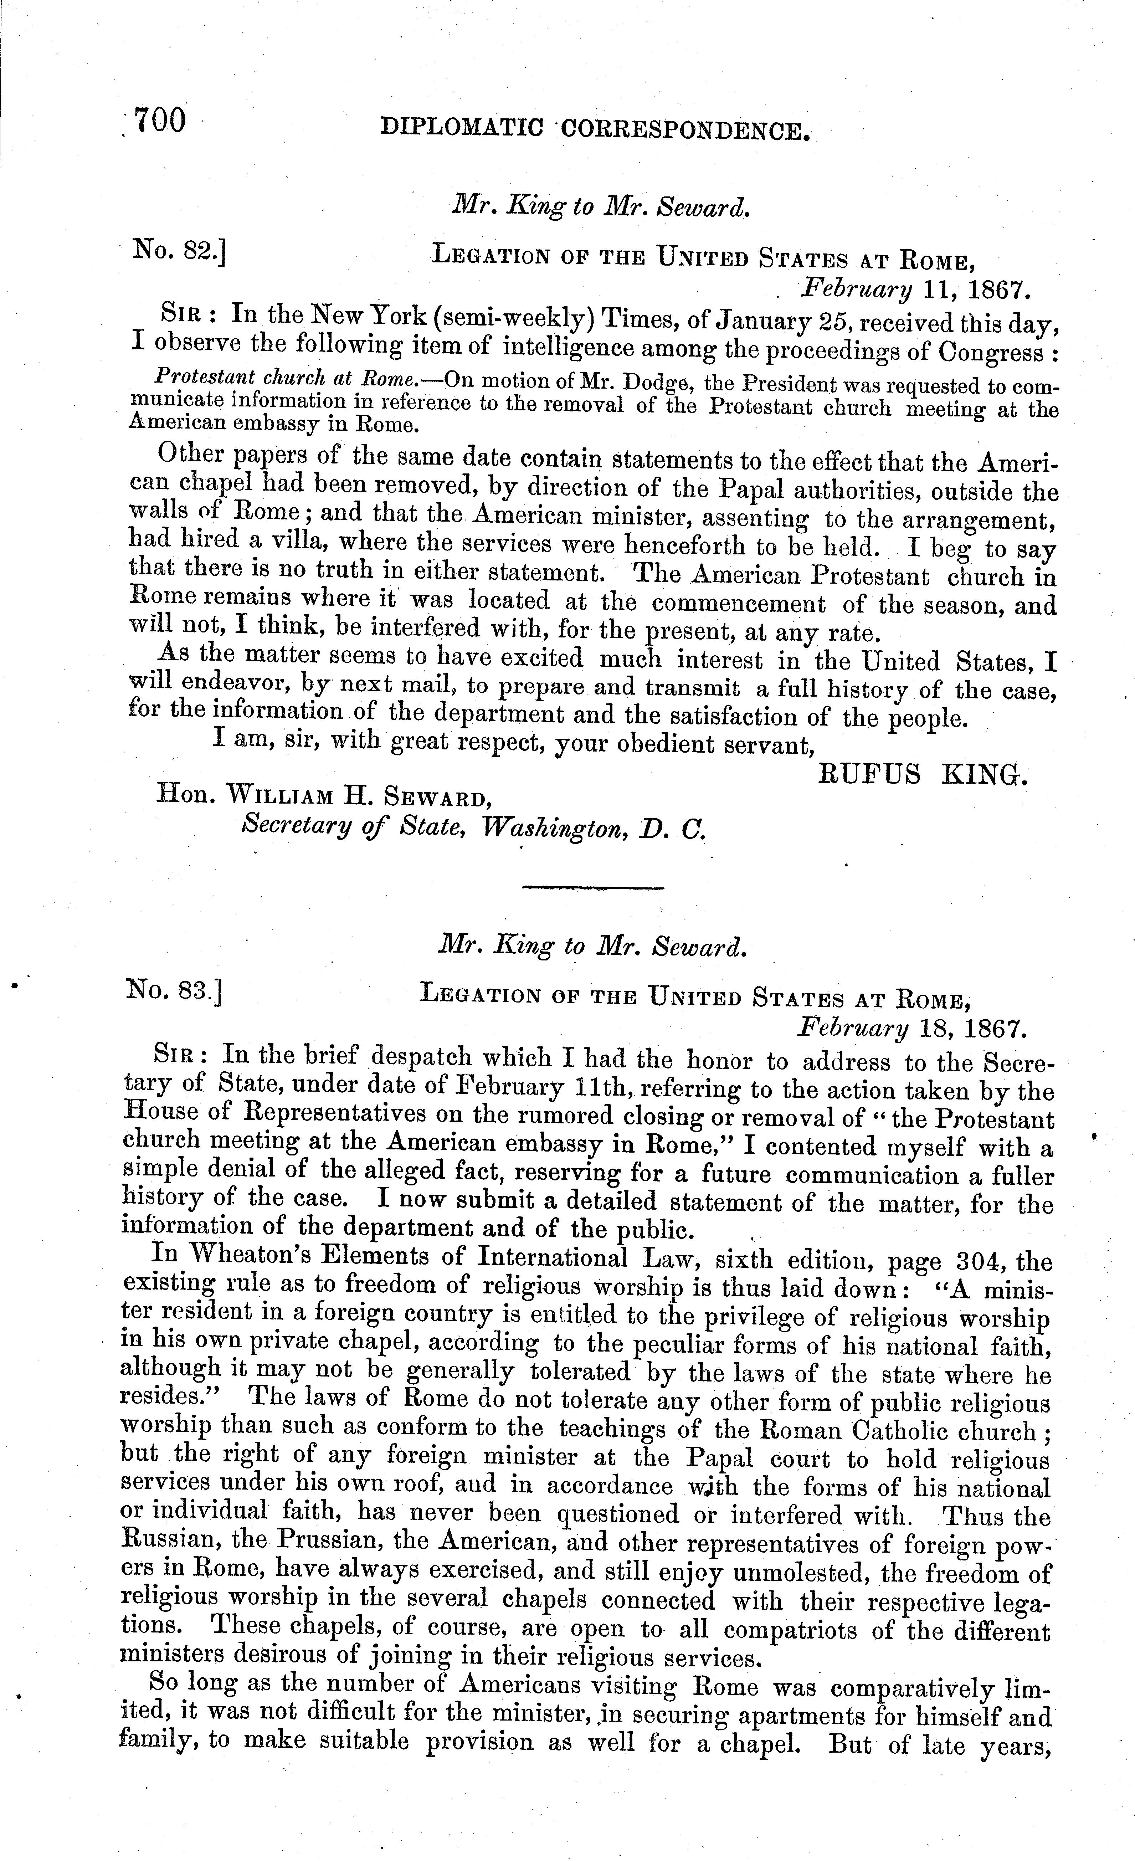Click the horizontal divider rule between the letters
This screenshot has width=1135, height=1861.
coord(593,887)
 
